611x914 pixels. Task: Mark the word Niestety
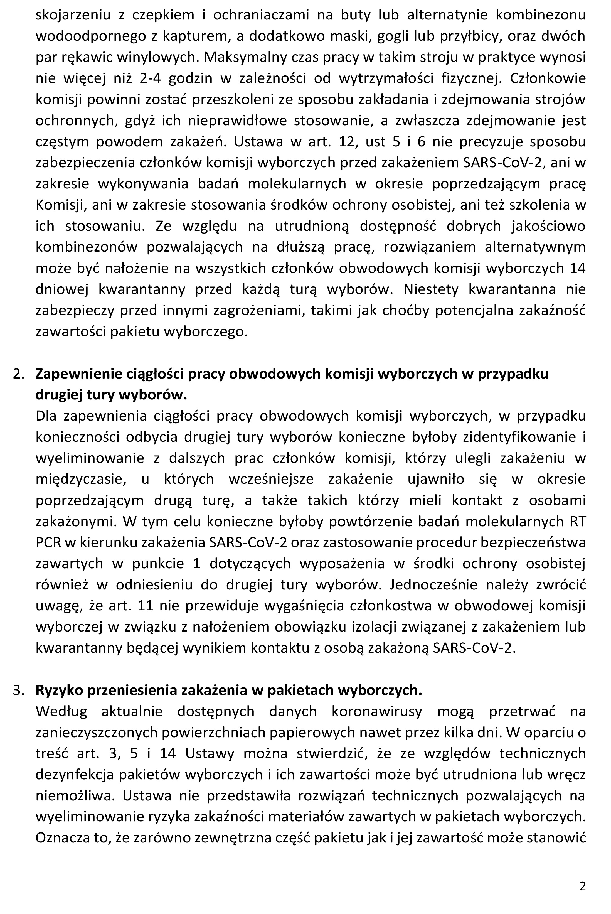(x=432, y=289)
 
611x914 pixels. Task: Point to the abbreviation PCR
(x=48, y=542)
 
